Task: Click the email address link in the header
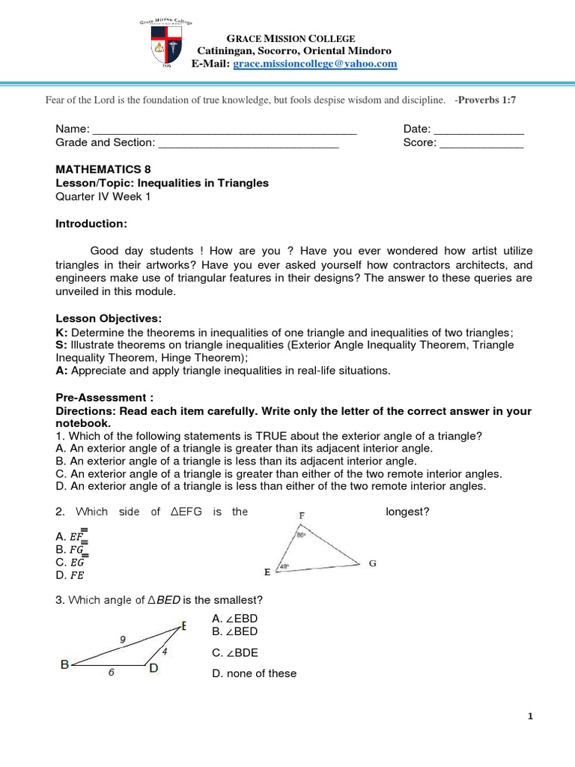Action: (315, 64)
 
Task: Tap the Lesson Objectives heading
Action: (105, 318)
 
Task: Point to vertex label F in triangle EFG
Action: (301, 516)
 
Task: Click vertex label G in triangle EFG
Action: (372, 563)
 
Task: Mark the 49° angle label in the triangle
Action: (283, 567)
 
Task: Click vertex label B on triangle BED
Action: (64, 664)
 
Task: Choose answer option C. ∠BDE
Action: (235, 652)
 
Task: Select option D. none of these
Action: (255, 673)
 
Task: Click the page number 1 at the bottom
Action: (530, 717)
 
